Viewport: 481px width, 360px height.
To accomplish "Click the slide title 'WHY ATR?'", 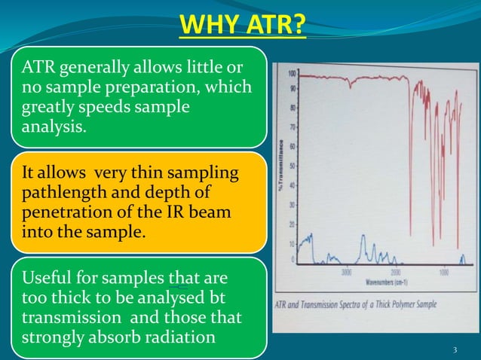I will (242, 28).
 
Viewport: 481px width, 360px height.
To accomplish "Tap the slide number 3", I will (455, 350).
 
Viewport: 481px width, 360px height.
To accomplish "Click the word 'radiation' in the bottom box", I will (180, 337).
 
